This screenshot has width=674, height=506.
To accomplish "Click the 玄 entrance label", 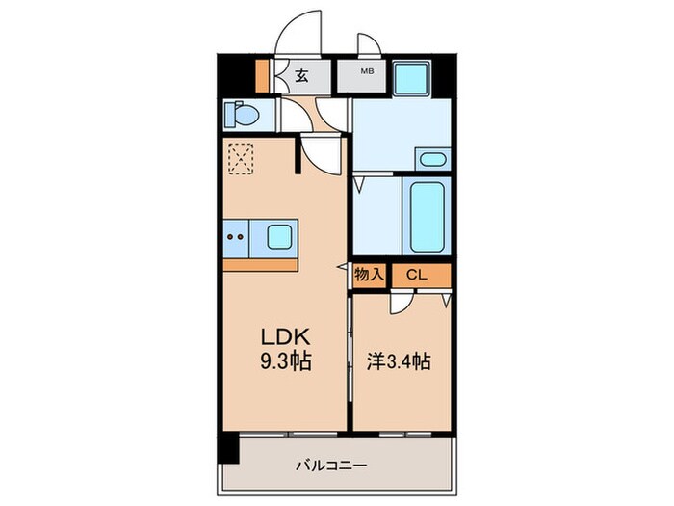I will (x=301, y=76).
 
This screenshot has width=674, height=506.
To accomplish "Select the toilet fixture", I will (x=244, y=116).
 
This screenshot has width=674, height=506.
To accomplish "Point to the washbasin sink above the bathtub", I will (x=433, y=159).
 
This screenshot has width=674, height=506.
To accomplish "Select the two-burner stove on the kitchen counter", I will (x=237, y=234).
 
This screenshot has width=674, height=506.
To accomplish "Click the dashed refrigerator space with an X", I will (x=240, y=157).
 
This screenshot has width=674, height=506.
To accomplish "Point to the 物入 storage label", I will (x=370, y=275).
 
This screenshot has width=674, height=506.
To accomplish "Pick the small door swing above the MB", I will (x=369, y=46).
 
